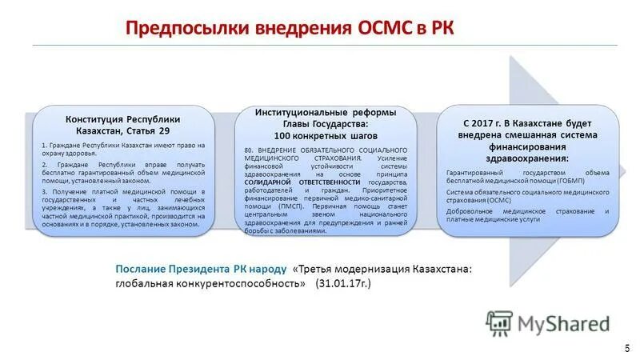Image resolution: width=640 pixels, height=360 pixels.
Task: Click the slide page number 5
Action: click(626, 348)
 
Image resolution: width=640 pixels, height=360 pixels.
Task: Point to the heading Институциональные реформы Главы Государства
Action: click(325, 118)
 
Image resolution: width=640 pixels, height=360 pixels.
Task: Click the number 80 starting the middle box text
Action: click(249, 150)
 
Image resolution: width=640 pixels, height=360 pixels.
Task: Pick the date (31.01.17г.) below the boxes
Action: click(343, 284)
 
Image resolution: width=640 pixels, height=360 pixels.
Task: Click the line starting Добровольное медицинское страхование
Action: click(528, 211)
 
